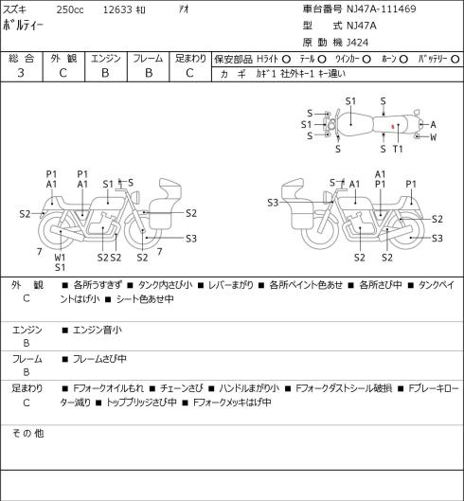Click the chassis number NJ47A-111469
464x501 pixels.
(x=382, y=9)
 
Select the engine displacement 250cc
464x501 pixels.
(x=70, y=9)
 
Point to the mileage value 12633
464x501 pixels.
(x=117, y=9)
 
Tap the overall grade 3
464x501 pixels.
(x=21, y=73)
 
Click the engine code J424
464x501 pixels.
(x=357, y=43)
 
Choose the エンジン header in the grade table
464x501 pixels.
(x=106, y=59)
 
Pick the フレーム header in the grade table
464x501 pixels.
(x=148, y=59)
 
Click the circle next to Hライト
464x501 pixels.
(x=286, y=59)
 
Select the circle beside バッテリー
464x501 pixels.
(x=455, y=59)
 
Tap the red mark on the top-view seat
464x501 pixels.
(x=393, y=126)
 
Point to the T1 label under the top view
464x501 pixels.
(x=398, y=149)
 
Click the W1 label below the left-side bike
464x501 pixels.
(x=60, y=258)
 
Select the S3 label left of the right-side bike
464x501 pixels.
(x=273, y=203)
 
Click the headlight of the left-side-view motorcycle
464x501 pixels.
(x=135, y=196)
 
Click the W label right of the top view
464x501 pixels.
(x=433, y=137)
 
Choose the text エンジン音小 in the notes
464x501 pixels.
(x=98, y=330)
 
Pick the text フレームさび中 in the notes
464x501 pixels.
(x=99, y=359)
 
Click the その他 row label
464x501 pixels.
(x=27, y=434)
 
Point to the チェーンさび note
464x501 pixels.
(x=181, y=388)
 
